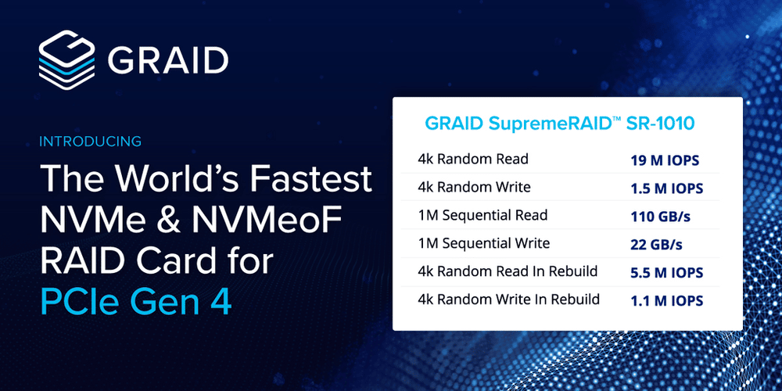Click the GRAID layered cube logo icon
pyautogui.click(x=66, y=57)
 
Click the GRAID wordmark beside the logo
pyautogui.click(x=167, y=59)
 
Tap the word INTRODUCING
pyautogui.click(x=90, y=142)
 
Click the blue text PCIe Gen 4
pyautogui.click(x=135, y=302)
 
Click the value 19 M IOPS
pyautogui.click(x=665, y=160)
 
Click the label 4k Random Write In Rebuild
pyautogui.click(x=509, y=300)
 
